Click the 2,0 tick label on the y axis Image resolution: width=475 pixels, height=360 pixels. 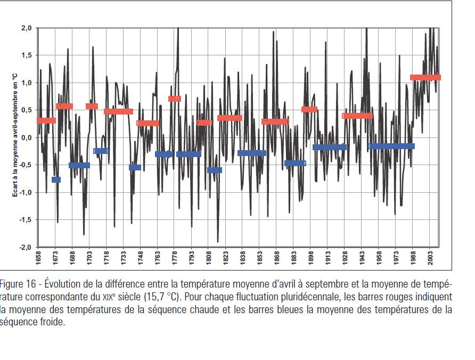click(27, 28)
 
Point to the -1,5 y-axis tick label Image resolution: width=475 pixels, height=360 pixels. click(26, 220)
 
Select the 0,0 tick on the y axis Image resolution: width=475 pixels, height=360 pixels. click(27, 138)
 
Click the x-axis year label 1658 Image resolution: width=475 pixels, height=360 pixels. click(38, 258)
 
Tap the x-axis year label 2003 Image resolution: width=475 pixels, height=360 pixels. click(430, 258)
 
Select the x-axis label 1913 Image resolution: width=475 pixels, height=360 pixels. click(328, 258)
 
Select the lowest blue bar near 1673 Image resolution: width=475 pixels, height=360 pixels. click(56, 180)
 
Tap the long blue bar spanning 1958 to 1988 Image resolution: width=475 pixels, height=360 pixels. click(391, 146)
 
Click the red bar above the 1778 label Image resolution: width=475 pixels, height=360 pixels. click(175, 99)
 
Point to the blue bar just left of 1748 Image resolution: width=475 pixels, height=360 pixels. click(135, 168)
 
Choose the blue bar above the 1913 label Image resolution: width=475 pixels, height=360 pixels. click(330, 148)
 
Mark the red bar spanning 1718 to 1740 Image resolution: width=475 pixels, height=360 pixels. click(118, 112)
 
